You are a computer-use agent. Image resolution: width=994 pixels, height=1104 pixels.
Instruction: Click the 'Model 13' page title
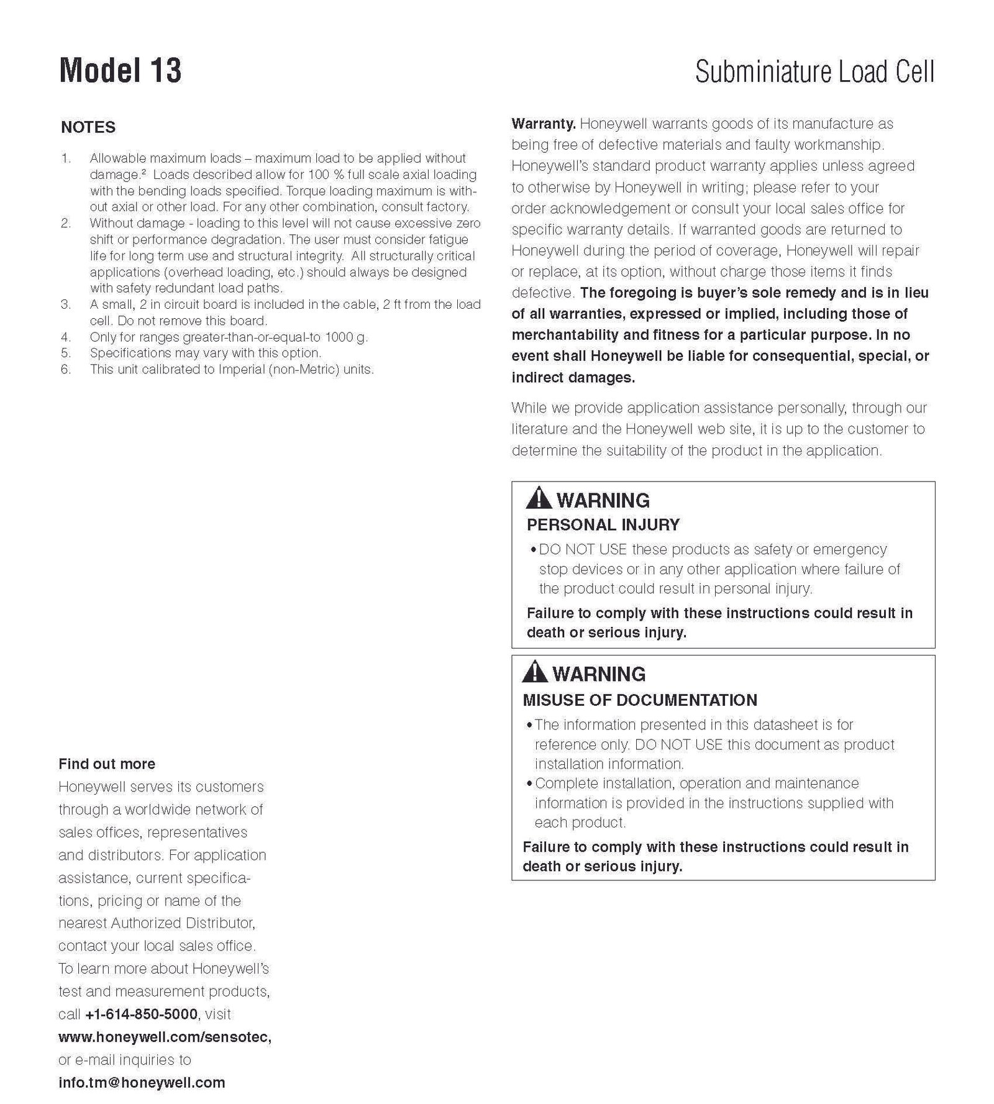pos(120,71)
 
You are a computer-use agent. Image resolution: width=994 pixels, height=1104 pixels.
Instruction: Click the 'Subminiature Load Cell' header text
pos(814,72)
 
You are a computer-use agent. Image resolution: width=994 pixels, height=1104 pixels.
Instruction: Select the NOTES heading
pos(88,127)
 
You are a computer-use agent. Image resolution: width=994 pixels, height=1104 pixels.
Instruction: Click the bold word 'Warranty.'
pos(544,124)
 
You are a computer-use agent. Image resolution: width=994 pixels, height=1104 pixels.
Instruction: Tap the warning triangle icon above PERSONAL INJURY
pos(538,498)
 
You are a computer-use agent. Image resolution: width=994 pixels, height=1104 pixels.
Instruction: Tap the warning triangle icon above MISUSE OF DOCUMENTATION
pos(534,672)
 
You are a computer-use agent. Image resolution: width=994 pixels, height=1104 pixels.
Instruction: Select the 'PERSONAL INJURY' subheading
pos(603,525)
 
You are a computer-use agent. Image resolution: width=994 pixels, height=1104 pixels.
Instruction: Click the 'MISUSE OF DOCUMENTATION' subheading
pos(639,700)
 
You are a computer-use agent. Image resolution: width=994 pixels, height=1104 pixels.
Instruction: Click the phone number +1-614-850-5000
pos(141,1014)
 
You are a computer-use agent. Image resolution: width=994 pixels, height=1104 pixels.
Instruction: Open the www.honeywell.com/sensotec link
pos(165,1037)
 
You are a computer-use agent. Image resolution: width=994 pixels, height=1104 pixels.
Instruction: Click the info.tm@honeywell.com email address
pos(142,1083)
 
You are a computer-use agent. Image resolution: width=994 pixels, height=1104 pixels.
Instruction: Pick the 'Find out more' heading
pos(107,764)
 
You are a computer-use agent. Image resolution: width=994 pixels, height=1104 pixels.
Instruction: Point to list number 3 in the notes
pos(65,304)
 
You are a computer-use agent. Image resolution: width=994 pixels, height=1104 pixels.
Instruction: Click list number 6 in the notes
pos(65,370)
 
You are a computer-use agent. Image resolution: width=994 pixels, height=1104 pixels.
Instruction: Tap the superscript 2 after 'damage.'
pos(144,172)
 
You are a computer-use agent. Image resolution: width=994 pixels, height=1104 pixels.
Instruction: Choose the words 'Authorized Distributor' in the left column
pos(182,923)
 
